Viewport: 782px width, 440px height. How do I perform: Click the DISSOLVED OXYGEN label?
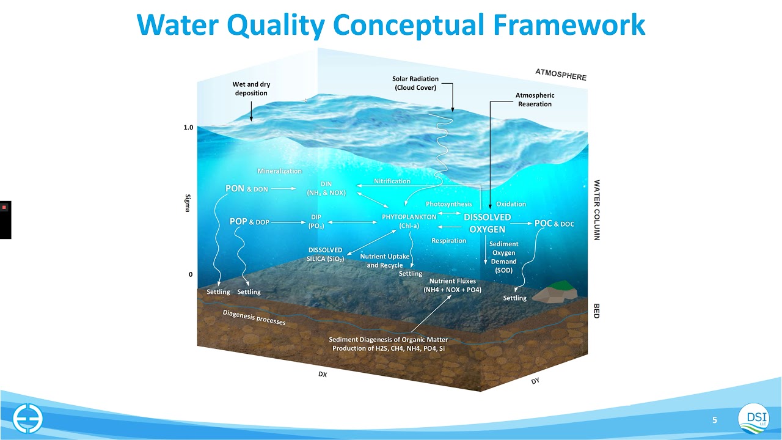[x=487, y=223]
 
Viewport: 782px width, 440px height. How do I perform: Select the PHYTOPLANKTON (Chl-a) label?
[x=409, y=221]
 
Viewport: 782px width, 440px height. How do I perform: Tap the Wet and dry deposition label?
[x=251, y=89]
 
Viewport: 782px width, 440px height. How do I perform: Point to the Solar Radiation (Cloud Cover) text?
[x=414, y=83]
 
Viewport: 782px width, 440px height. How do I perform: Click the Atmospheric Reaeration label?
[x=535, y=100]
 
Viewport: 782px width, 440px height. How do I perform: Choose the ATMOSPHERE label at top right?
[x=561, y=75]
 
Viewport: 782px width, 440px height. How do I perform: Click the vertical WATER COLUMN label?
[x=597, y=210]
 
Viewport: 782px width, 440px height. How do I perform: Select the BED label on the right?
[x=597, y=310]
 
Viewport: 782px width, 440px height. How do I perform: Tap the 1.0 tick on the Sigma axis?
[x=188, y=128]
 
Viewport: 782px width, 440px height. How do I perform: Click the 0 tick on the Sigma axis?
[x=191, y=274]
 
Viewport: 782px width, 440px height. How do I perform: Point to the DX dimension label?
[x=323, y=374]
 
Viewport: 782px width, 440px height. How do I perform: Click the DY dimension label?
[x=535, y=381]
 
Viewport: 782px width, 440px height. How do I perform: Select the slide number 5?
[x=715, y=420]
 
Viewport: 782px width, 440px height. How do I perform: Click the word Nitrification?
[x=392, y=181]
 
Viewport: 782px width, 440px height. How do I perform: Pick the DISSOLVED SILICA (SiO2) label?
[x=326, y=254]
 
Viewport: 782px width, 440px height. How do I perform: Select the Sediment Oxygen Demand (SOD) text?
[x=503, y=257]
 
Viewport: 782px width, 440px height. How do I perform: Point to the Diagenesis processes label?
[x=254, y=317]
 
